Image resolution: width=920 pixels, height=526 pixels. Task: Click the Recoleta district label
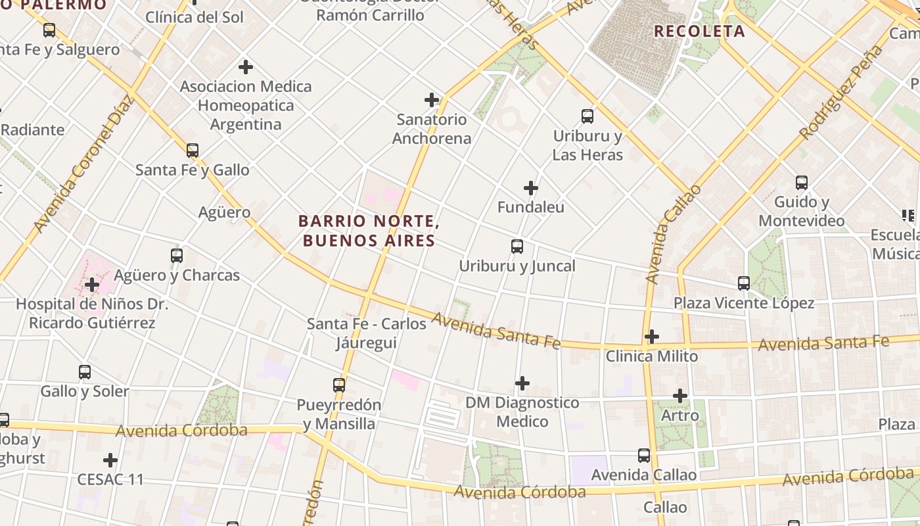(699, 32)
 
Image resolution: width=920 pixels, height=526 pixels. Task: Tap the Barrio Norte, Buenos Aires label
(369, 231)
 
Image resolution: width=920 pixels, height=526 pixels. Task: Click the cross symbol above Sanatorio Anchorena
(432, 100)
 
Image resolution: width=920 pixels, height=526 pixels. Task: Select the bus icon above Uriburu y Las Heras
(587, 116)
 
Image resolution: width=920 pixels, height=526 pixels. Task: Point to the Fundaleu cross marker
(531, 188)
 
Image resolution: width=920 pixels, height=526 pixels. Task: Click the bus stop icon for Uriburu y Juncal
(517, 247)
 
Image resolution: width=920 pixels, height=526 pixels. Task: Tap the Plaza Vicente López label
(743, 303)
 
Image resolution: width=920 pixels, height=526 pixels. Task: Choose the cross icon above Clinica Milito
(651, 337)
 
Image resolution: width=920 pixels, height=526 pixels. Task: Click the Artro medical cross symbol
(680, 396)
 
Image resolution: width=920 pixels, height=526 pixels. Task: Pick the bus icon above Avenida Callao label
(644, 455)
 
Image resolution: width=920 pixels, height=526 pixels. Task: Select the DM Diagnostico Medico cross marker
(522, 383)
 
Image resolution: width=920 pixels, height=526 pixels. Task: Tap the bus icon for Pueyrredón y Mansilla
(339, 385)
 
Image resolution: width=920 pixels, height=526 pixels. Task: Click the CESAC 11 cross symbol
(110, 460)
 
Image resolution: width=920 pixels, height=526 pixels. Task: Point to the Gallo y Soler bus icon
(85, 371)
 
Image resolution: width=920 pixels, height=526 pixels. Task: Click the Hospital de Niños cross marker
(92, 285)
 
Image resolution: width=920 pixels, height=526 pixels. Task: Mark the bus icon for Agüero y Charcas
(177, 255)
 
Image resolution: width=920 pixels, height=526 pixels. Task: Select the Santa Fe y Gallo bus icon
(193, 150)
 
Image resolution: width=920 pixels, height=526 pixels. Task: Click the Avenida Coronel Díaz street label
(83, 164)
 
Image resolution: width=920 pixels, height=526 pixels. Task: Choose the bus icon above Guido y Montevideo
(802, 182)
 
